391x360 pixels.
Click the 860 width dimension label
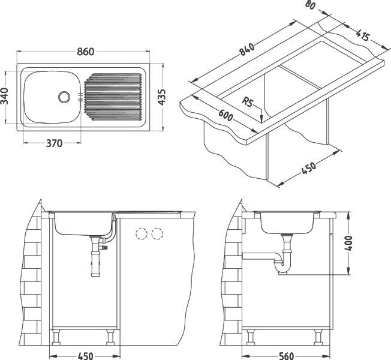pyautogui.click(x=85, y=52)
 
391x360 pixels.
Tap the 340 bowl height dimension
pyautogui.click(x=6, y=97)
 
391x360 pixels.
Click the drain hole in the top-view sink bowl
pyautogui.click(x=64, y=95)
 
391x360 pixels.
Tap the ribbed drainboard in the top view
pyautogui.click(x=113, y=96)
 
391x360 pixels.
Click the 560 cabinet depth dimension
pyautogui.click(x=287, y=355)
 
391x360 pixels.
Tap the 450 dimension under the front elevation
pyautogui.click(x=85, y=355)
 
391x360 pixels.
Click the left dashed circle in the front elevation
pyautogui.click(x=142, y=233)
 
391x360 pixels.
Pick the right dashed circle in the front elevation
pyautogui.click(x=157, y=233)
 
